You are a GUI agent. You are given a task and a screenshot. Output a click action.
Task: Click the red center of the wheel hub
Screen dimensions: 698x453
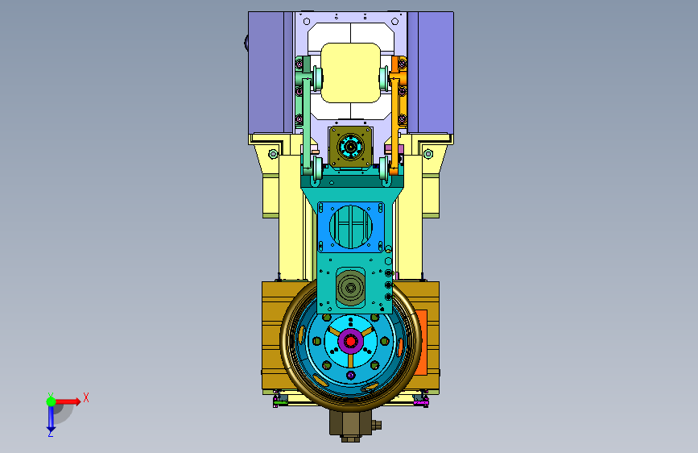coord(351,342)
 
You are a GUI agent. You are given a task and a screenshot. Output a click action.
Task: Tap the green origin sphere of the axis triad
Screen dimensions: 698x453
coord(52,401)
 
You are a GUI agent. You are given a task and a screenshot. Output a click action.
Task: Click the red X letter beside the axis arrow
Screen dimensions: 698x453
coord(86,397)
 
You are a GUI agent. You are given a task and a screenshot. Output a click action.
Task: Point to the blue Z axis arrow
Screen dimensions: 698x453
coord(51,419)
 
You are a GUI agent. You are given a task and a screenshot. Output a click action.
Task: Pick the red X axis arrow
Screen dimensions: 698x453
coord(68,401)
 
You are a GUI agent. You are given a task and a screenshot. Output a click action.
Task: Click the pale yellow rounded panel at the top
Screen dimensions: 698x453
coord(350,73)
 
